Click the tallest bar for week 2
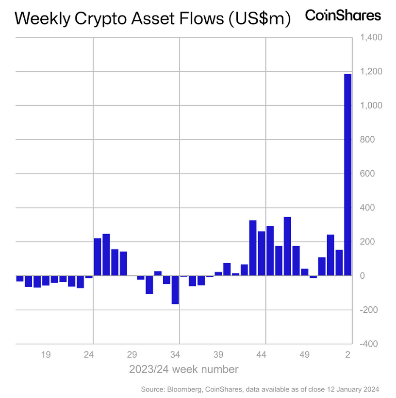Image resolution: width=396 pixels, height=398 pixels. click(x=347, y=175)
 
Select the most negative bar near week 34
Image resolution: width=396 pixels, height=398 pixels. click(x=175, y=290)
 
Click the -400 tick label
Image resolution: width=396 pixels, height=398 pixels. click(x=369, y=344)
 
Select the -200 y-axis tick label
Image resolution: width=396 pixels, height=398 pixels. click(x=369, y=310)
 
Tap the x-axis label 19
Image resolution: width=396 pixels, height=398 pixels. click(x=46, y=355)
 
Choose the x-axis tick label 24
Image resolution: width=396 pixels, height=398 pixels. click(x=89, y=355)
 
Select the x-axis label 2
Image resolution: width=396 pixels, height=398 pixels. click(x=348, y=355)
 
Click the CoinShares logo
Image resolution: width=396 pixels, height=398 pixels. click(x=343, y=16)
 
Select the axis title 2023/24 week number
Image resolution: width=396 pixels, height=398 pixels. click(x=183, y=369)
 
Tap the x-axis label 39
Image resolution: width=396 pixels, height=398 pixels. click(x=218, y=355)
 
